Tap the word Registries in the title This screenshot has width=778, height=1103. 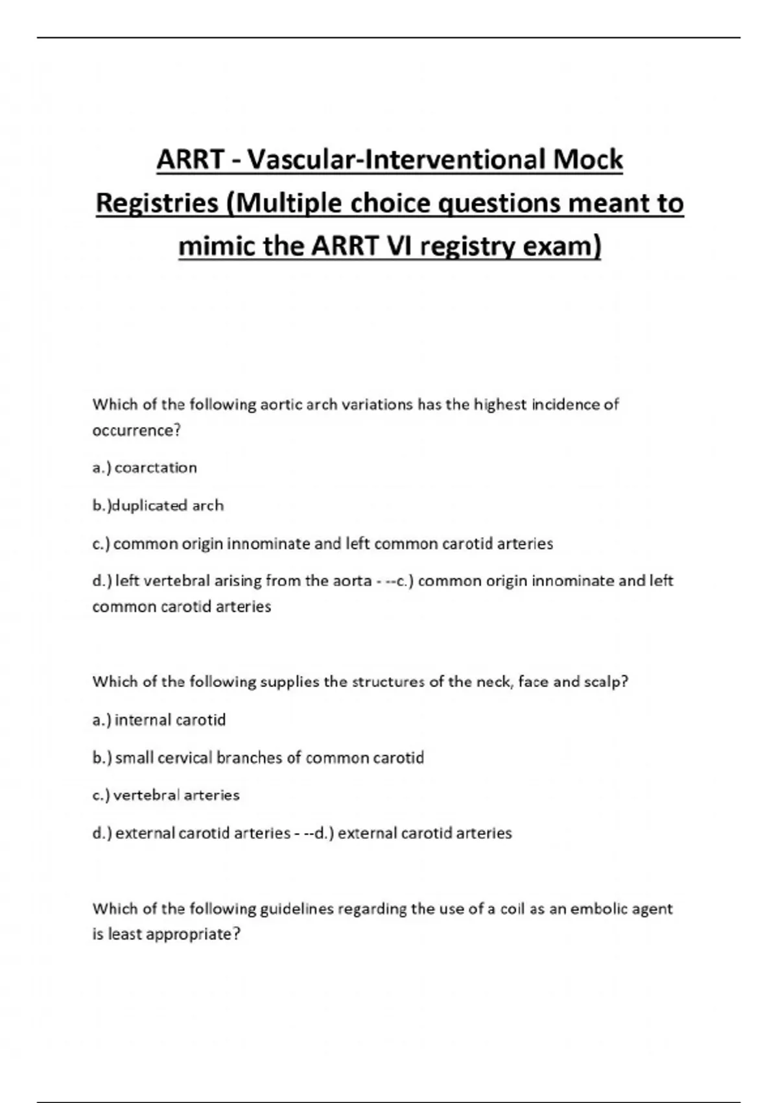[157, 203]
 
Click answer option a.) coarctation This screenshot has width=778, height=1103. [145, 468]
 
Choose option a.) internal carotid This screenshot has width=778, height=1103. [159, 720]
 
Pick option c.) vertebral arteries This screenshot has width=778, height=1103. [166, 795]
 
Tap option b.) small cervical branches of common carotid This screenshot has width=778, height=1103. [258, 757]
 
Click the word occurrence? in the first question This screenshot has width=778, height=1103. [136, 430]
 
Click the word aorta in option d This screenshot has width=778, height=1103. [351, 581]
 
